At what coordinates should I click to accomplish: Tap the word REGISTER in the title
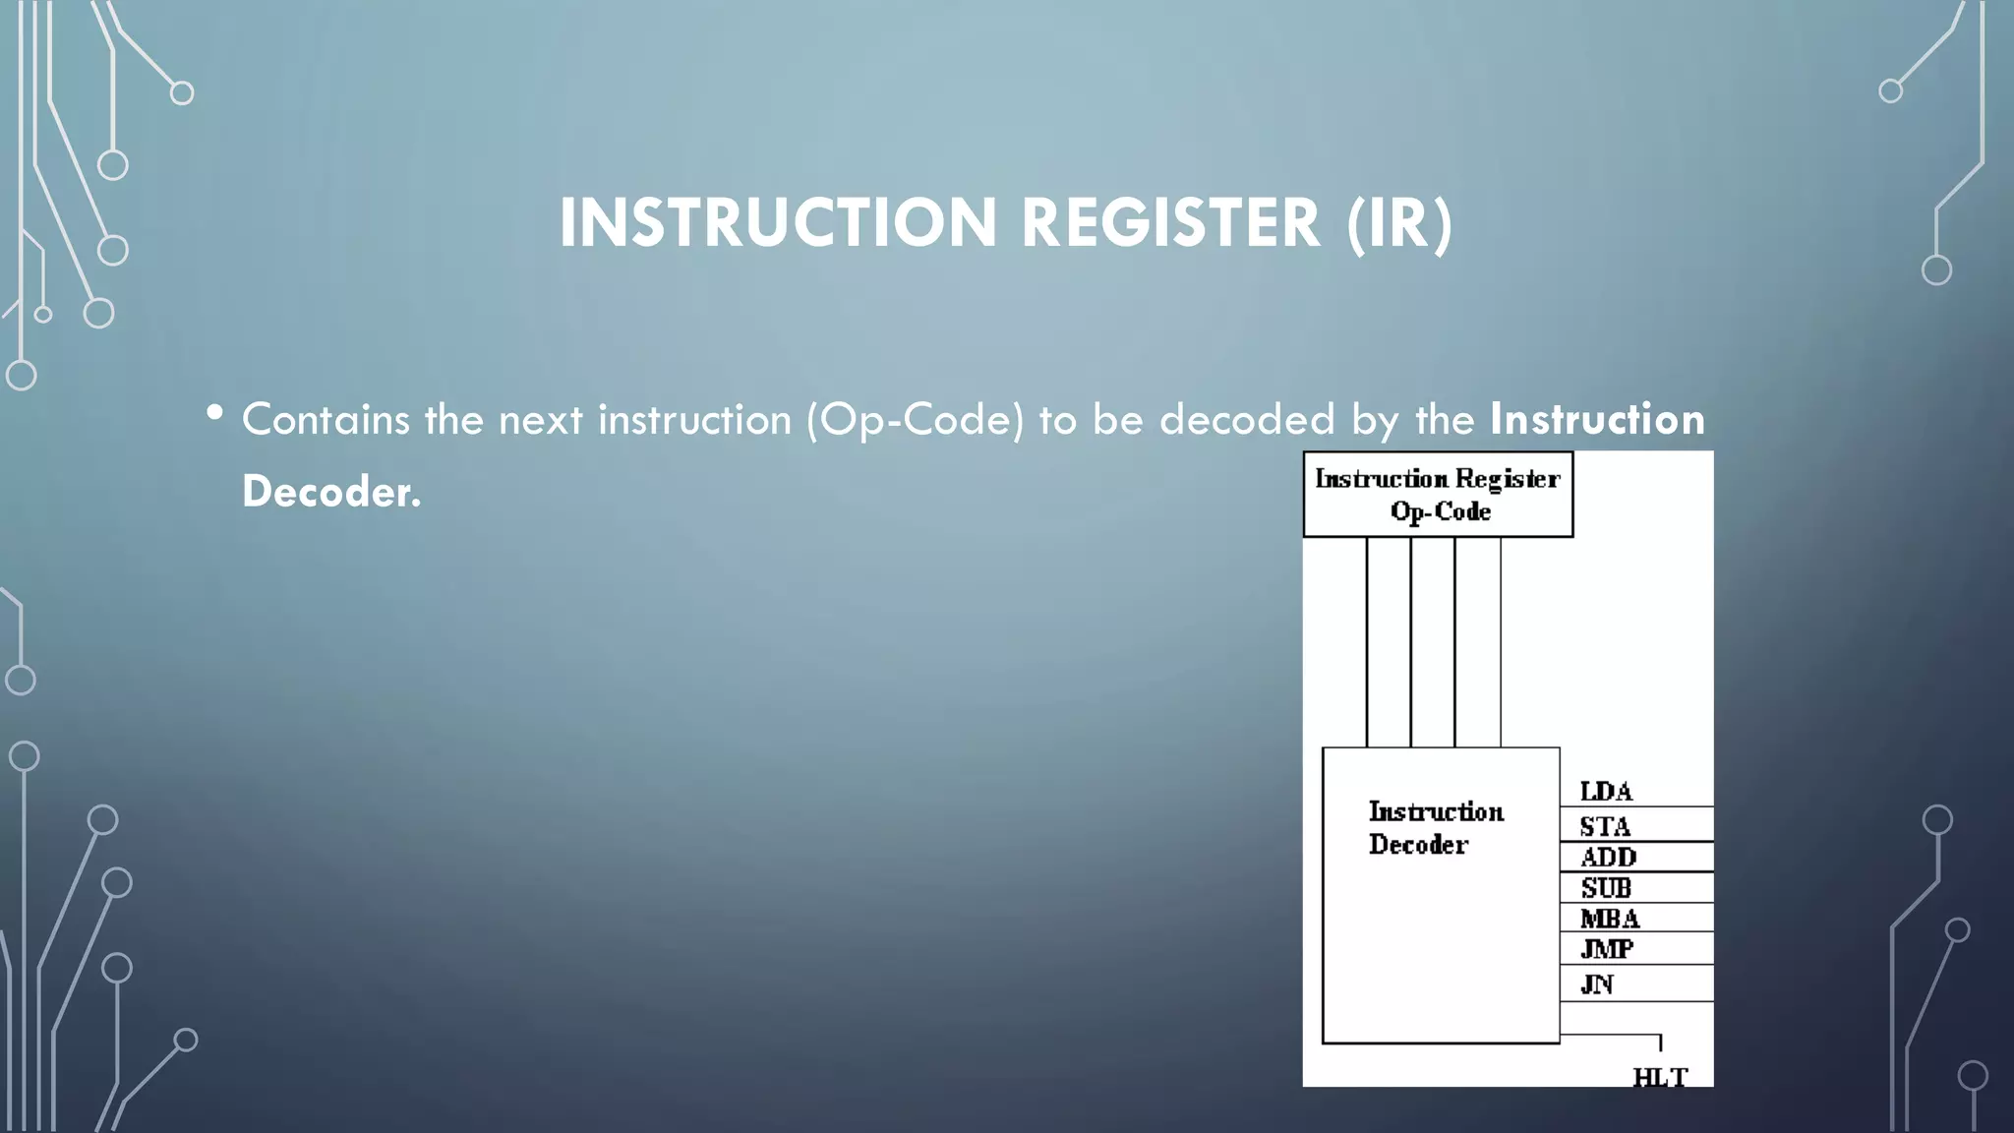click(1170, 223)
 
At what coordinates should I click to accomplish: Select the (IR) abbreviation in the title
click(1399, 223)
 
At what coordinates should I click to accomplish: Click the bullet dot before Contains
click(214, 413)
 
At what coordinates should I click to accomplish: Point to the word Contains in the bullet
click(326, 420)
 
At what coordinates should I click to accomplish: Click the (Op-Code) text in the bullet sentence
click(915, 420)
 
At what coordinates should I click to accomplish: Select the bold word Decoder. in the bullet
click(331, 491)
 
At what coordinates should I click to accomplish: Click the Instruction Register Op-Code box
click(1438, 495)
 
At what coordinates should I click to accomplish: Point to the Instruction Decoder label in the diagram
click(1435, 827)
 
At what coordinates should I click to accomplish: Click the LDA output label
click(1606, 792)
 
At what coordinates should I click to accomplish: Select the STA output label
click(1605, 826)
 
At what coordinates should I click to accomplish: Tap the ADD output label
click(1608, 858)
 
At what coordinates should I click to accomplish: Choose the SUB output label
click(1606, 888)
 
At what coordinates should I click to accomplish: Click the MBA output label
click(1609, 919)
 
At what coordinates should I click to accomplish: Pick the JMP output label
click(1607, 949)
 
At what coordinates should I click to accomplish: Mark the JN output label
click(1596, 984)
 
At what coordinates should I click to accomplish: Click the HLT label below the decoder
click(1660, 1077)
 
